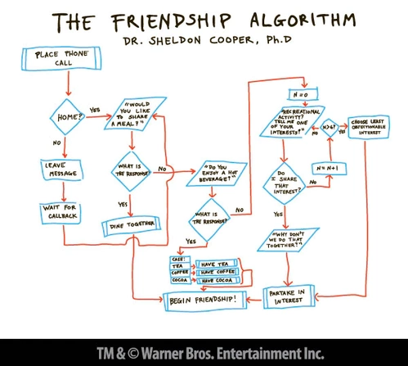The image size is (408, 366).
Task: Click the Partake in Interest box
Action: click(287, 296)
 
